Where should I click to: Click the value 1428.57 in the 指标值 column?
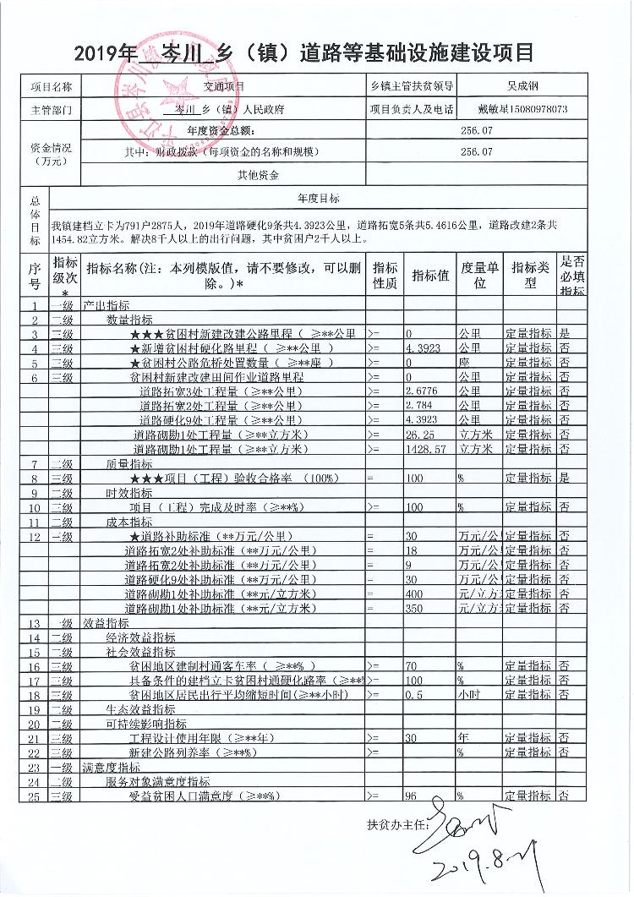(x=424, y=449)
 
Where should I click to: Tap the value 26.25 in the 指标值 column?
(x=420, y=435)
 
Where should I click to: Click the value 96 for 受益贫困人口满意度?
(x=413, y=796)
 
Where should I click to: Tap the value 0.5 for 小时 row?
(x=414, y=695)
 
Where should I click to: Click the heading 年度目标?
(x=318, y=198)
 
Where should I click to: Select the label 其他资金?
(x=259, y=175)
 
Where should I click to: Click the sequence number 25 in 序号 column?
(x=36, y=796)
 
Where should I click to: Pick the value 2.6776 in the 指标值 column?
(x=422, y=391)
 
